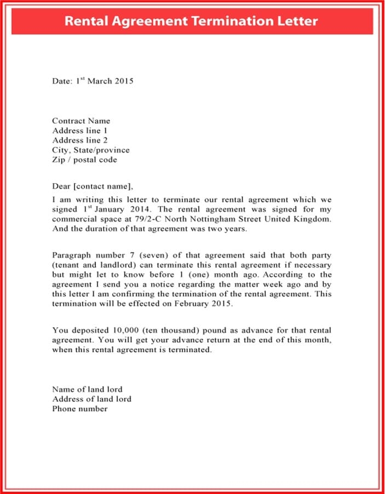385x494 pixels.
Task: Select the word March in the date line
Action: (100, 81)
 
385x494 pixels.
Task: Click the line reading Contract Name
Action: (81, 121)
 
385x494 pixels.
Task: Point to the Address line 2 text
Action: (80, 141)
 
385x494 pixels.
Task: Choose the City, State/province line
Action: (91, 150)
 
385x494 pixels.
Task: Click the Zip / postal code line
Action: (84, 160)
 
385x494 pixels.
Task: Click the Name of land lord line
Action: (87, 390)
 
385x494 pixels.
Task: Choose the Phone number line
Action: (80, 409)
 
